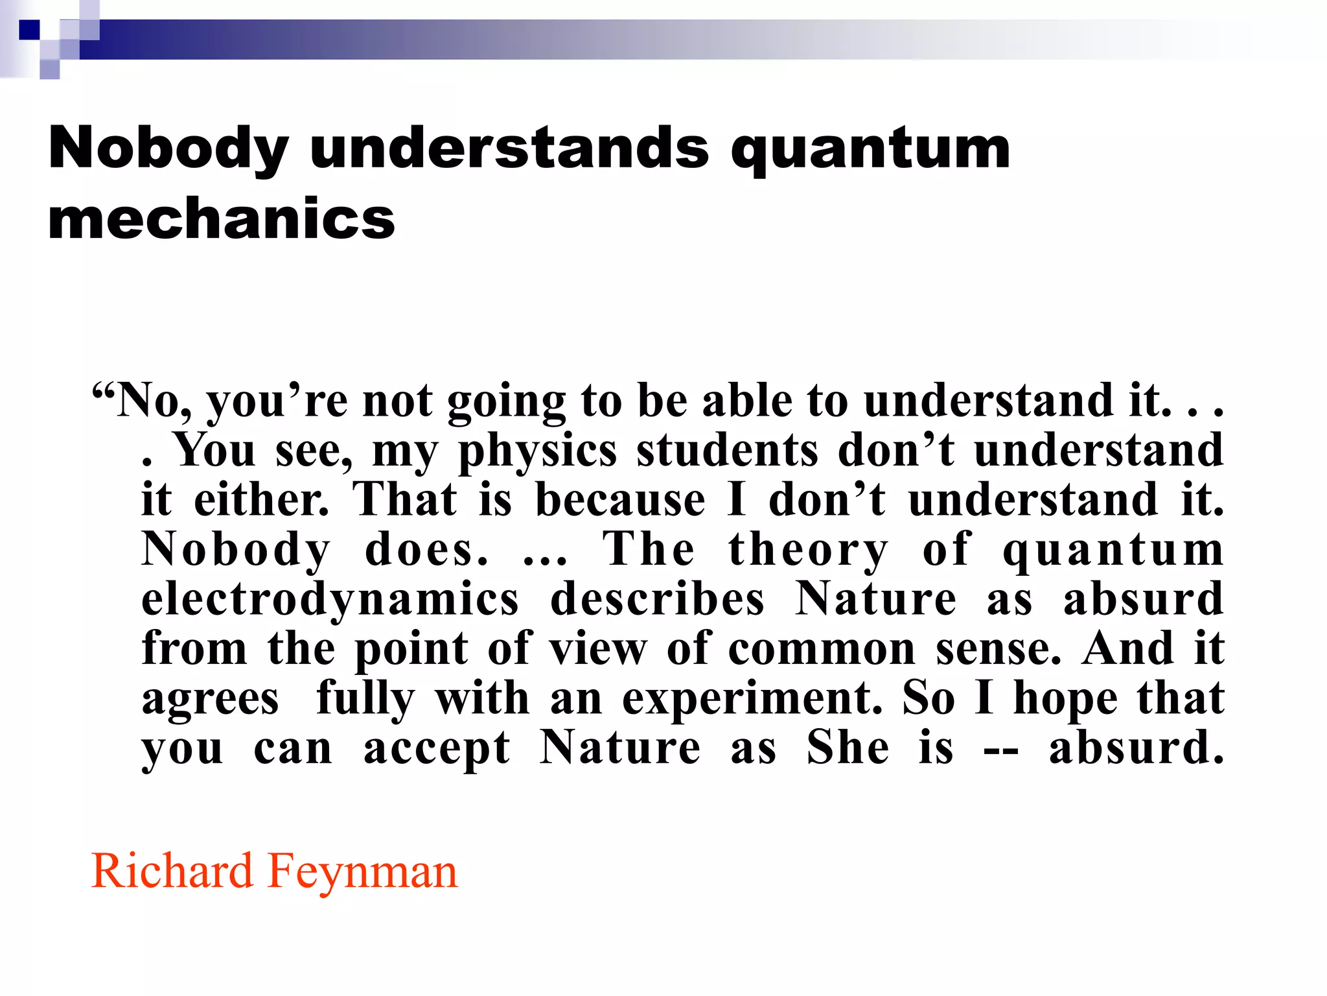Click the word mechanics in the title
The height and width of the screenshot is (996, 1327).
click(x=221, y=219)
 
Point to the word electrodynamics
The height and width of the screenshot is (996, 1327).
click(x=330, y=600)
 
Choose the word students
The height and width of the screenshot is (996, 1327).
click(x=727, y=450)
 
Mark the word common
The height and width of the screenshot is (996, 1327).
click(x=822, y=648)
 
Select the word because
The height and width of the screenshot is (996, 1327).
click(x=620, y=501)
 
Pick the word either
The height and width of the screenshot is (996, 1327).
click(x=262, y=501)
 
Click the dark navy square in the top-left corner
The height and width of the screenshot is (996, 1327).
click(x=29, y=30)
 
